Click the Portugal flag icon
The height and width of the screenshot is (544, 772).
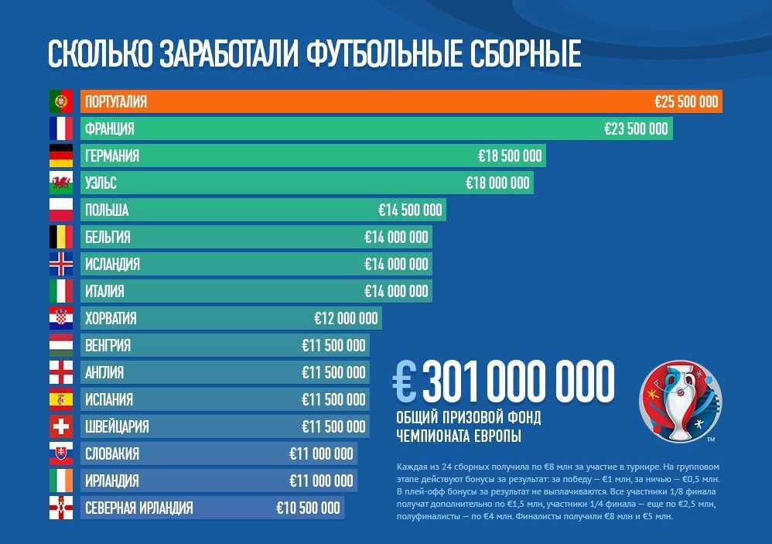60,101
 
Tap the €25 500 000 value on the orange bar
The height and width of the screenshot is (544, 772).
686,101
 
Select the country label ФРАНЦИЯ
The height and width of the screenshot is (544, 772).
110,128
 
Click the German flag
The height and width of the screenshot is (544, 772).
60,156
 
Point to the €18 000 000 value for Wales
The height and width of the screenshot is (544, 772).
497,183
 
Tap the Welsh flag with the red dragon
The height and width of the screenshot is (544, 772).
60,183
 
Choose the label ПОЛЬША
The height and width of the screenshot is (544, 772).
107,210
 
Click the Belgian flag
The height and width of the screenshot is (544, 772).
60,237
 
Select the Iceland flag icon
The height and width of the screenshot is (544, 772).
60,264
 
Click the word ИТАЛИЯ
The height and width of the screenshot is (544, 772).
104,291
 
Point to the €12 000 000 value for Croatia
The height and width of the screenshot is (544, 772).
346,318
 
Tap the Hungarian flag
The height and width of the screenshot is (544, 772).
60,345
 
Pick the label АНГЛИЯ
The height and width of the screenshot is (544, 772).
104,372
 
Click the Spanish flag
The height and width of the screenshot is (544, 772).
60,399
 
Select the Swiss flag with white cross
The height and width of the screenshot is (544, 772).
60,426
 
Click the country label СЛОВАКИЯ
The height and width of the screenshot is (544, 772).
112,453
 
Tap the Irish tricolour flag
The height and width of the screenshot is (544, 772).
60,481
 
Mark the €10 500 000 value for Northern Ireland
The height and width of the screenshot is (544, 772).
308,508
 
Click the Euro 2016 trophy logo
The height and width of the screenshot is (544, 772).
680,400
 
